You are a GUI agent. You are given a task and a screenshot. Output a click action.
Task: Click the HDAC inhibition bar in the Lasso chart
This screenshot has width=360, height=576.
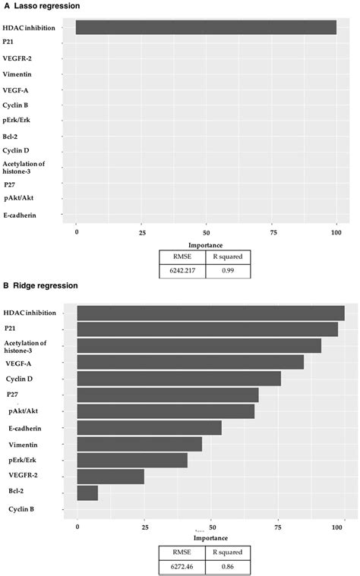coord(206,27)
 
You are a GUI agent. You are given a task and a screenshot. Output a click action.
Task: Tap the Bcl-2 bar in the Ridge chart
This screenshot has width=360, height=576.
coord(87,493)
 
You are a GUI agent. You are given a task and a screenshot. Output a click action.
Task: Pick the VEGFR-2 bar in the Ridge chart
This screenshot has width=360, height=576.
coord(110,477)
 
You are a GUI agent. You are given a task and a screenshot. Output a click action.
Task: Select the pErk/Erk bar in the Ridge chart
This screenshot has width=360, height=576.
coord(132,460)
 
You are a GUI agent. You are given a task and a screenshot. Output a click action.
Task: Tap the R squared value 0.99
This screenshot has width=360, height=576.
coord(226,269)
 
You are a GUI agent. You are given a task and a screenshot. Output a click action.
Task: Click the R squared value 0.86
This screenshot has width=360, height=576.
coord(226,565)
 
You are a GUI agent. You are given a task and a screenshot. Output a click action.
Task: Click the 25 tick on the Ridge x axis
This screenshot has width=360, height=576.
coord(144,526)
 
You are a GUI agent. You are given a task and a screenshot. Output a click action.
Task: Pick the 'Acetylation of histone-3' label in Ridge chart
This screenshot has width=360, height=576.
coord(26,347)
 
